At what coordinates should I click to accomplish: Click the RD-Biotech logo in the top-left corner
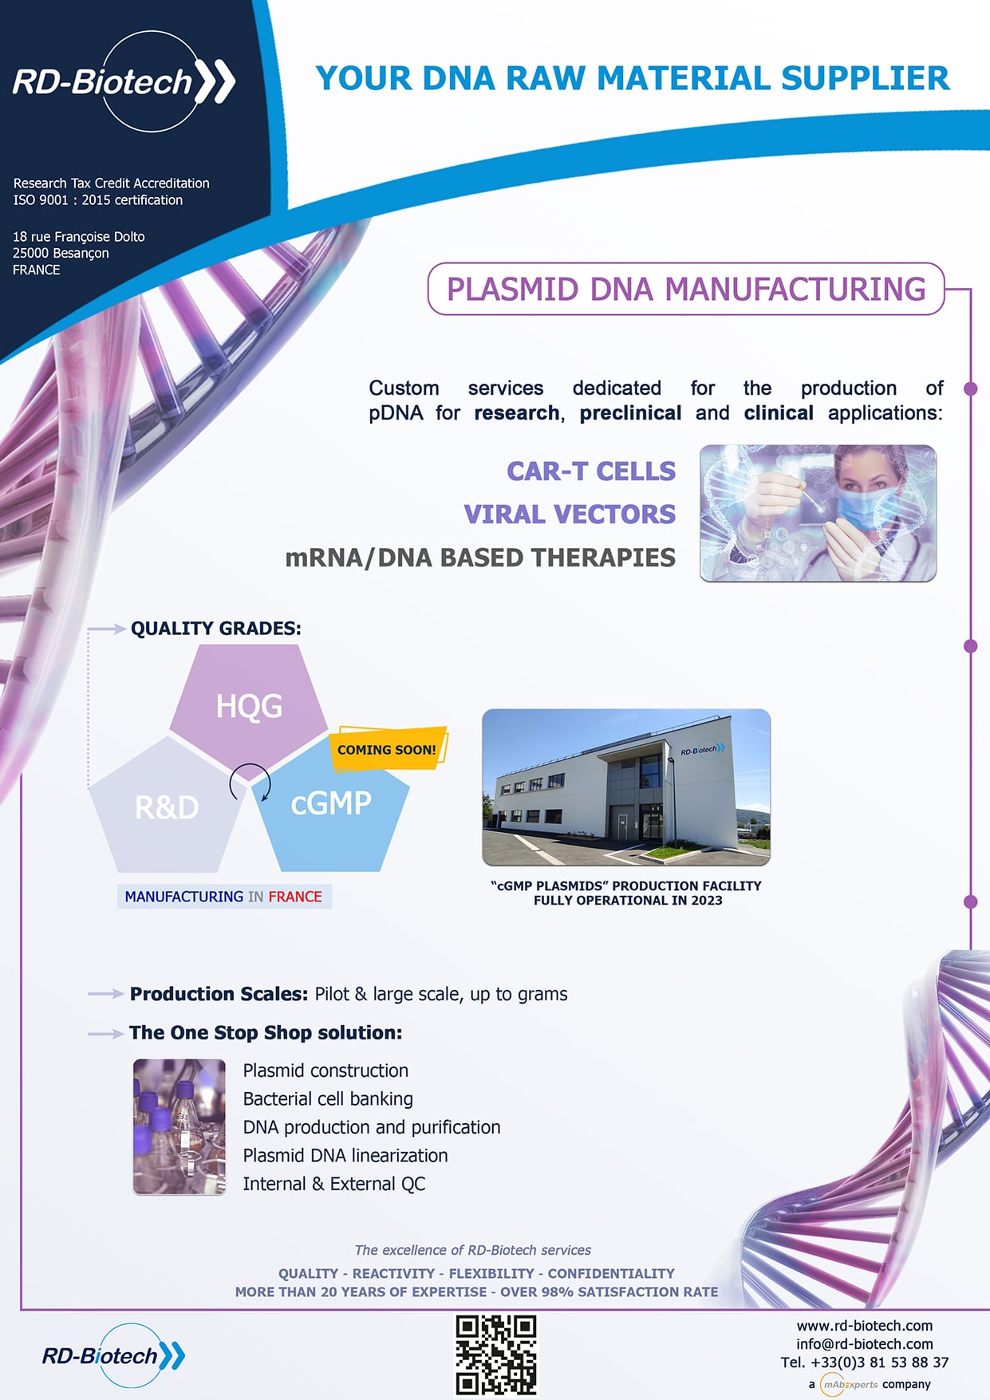124,81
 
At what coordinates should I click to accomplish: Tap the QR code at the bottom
495,1355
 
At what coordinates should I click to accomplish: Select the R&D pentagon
166,806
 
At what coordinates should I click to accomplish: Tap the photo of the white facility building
626,787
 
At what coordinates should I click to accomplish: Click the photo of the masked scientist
818,513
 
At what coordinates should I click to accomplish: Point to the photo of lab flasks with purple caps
179,1126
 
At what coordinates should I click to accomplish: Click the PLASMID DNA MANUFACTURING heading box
686,289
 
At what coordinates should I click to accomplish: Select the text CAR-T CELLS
591,471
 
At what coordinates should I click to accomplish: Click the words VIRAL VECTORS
570,515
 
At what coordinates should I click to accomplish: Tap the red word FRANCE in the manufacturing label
295,897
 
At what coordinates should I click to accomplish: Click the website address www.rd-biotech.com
865,1326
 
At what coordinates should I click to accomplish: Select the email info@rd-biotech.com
865,1344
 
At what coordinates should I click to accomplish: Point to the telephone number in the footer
865,1363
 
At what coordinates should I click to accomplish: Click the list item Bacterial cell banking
328,1099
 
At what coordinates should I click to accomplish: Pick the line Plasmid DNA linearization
345,1156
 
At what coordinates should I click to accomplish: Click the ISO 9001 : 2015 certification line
98,200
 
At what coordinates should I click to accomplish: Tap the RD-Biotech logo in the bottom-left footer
113,1355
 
